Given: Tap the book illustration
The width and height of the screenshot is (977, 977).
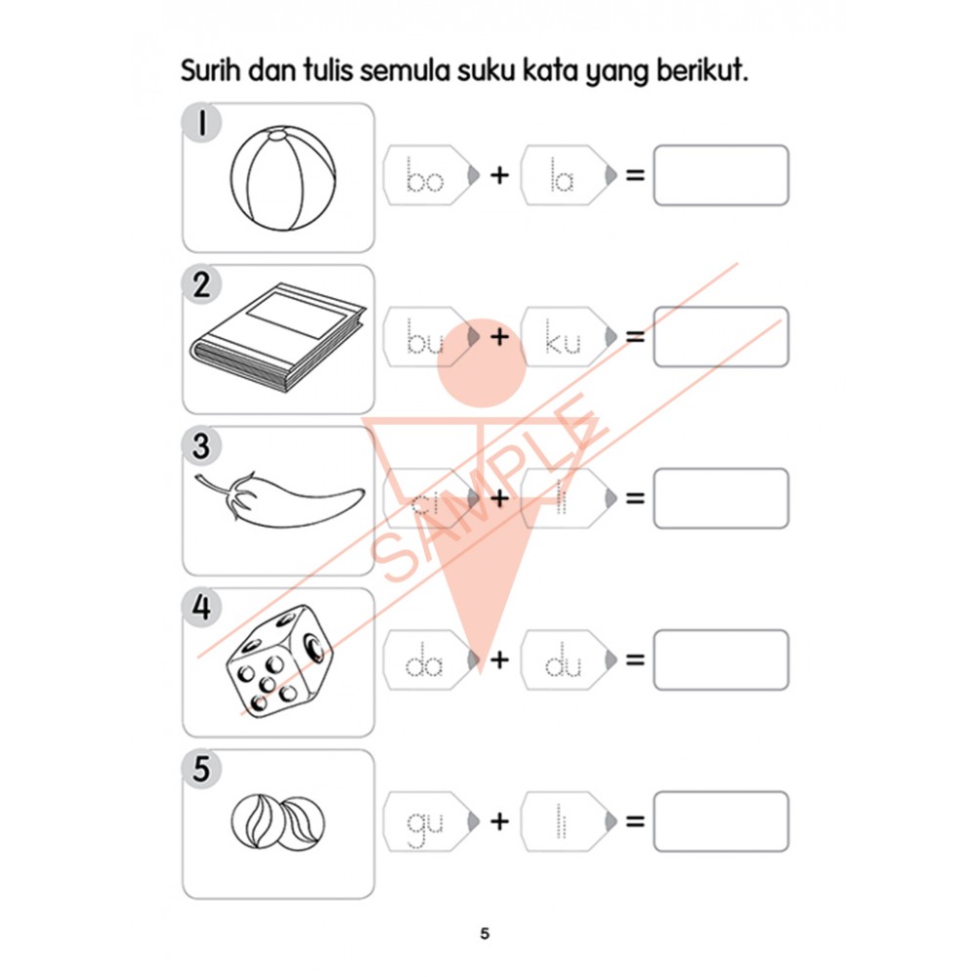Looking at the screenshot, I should tap(278, 337).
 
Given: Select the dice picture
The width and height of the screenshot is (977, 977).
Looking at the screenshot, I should tap(278, 660).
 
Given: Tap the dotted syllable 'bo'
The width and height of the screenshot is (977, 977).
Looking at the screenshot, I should tap(425, 178).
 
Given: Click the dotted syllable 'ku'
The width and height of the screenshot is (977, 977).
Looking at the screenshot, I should tap(564, 340).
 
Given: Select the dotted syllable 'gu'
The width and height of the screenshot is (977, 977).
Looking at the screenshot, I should tap(425, 826).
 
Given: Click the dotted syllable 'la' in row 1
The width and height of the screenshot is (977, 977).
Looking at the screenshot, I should tap(562, 178).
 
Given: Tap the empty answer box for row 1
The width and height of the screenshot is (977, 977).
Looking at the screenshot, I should tap(720, 176).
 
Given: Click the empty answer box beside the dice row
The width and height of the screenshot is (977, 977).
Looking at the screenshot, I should tap(720, 660).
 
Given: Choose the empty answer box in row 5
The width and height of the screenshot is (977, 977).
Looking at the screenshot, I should tap(720, 822).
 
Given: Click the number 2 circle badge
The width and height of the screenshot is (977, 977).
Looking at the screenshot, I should tap(201, 286).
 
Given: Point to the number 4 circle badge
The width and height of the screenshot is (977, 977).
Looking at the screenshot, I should tap(201, 609).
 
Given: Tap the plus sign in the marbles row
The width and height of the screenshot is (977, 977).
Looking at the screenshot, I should tap(499, 822).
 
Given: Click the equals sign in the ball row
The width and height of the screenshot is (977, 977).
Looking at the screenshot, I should tap(636, 177).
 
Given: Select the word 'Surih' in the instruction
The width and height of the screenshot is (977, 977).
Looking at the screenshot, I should tap(212, 73).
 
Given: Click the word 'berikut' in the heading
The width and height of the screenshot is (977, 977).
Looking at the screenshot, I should tap(699, 73).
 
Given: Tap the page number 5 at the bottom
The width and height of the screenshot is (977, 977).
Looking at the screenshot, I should tap(485, 933).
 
